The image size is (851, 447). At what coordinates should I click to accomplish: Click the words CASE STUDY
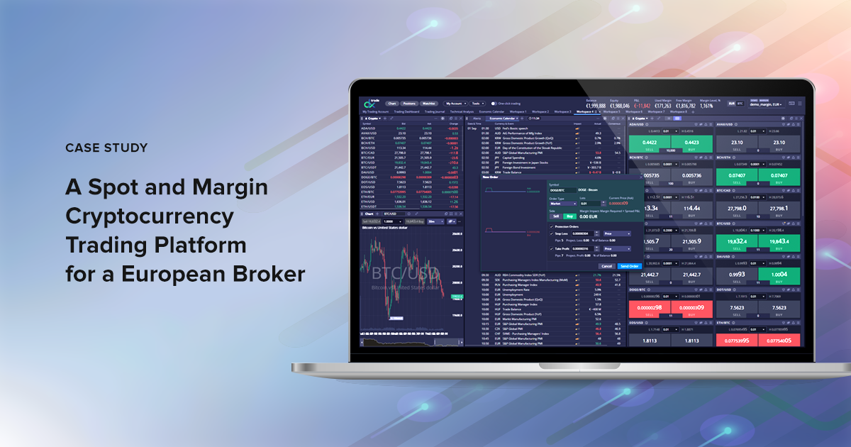(x=106, y=148)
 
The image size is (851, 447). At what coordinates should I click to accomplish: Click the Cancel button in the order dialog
(x=606, y=266)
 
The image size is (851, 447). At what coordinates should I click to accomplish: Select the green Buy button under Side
(x=567, y=216)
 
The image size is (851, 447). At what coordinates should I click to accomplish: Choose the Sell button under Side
(x=556, y=216)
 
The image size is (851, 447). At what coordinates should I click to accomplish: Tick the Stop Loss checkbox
(x=552, y=233)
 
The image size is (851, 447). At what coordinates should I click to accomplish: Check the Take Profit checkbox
(x=552, y=248)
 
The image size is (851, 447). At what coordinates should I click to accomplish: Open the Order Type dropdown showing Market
(x=563, y=203)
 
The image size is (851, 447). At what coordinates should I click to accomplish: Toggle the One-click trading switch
(x=494, y=104)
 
